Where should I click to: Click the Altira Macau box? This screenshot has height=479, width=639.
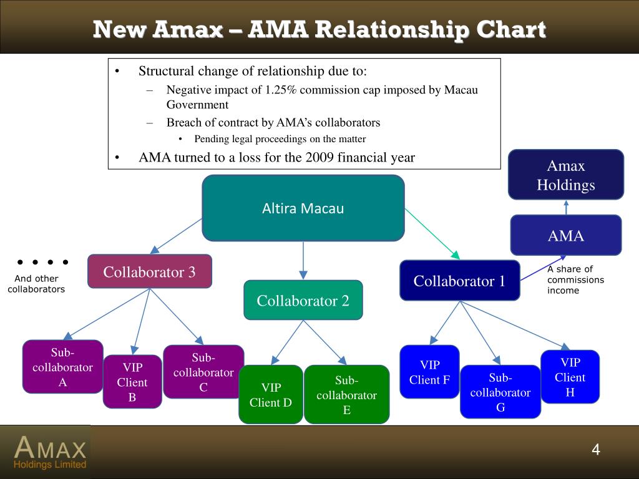tap(303, 208)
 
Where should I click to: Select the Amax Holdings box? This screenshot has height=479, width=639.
tap(566, 175)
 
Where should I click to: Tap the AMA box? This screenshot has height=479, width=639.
tap(566, 235)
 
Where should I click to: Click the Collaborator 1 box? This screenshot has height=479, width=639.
tap(459, 281)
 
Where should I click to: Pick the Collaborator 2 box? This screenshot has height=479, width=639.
tap(303, 301)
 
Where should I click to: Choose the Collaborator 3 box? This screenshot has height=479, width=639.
tap(149, 272)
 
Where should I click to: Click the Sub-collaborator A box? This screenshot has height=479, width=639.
tap(63, 367)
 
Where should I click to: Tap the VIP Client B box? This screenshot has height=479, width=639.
tap(132, 382)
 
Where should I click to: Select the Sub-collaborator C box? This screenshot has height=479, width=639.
tap(203, 372)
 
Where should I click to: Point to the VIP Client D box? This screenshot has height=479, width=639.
tap(271, 394)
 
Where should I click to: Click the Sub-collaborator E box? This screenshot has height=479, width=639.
tap(347, 394)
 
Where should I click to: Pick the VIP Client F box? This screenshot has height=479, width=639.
tap(429, 372)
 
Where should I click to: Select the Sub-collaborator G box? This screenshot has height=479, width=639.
tap(500, 392)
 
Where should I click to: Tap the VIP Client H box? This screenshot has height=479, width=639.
tap(570, 377)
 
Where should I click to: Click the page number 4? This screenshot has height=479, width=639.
tap(595, 450)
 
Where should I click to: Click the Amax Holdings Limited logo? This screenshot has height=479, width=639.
tap(50, 452)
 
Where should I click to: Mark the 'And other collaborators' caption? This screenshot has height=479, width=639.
tap(36, 284)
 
